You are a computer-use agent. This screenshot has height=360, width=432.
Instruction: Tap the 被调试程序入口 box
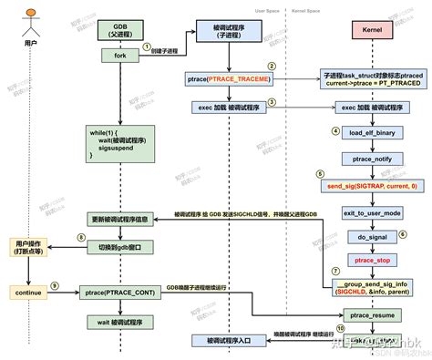tap(227, 340)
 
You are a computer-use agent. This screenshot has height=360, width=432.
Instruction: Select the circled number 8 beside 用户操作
tap(57, 238)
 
